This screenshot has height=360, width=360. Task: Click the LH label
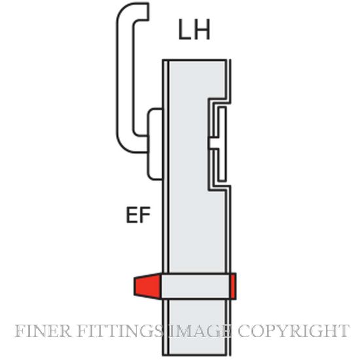[x=194, y=29]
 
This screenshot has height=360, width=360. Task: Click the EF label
[x=138, y=215]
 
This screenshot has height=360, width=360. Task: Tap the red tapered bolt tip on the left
[x=148, y=285]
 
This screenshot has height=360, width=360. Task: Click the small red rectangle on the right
[x=233, y=286]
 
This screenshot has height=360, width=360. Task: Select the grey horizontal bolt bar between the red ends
[x=196, y=286]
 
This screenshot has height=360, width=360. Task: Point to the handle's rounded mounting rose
[x=155, y=144]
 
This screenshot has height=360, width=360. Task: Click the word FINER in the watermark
[x=43, y=331]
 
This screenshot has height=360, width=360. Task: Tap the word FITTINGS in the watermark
[x=120, y=331]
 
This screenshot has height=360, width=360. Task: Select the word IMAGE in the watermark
[x=200, y=331]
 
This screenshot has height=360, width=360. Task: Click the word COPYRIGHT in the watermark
[x=293, y=331]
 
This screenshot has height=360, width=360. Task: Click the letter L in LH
[x=184, y=29]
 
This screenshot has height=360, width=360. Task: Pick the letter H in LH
[x=202, y=29]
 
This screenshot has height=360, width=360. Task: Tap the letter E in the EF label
[x=132, y=215]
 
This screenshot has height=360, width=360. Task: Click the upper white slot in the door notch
[x=222, y=122]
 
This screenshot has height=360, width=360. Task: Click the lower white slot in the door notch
[x=222, y=165]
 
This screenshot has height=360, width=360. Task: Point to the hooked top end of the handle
[x=142, y=12]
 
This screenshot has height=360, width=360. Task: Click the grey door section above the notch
[x=196, y=79]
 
